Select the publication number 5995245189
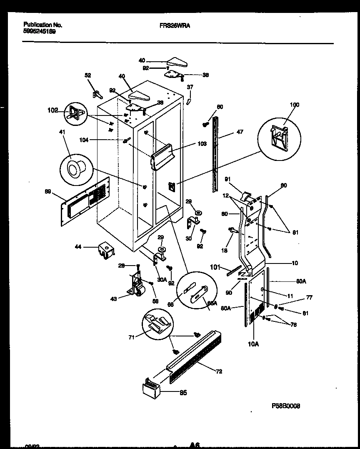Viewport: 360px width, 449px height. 40,31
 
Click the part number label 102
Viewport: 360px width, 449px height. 52,111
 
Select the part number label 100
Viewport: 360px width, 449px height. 295,105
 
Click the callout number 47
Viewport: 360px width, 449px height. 240,132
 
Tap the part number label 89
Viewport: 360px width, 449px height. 48,192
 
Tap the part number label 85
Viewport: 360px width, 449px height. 183,392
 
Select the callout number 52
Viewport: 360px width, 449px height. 87,75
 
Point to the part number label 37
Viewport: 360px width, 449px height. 190,87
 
